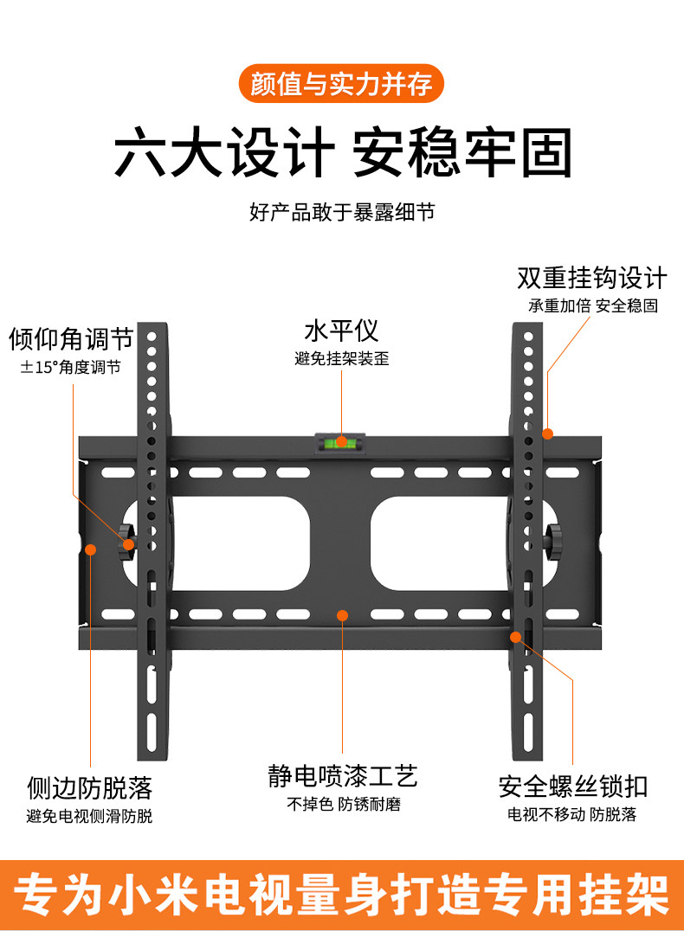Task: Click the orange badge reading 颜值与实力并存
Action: coord(341,85)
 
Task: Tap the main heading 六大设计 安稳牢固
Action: coord(342,154)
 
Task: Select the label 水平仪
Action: coord(341,331)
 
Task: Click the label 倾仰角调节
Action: coord(71,338)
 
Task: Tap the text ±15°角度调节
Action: coord(71,367)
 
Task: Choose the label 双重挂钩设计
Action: coord(592,278)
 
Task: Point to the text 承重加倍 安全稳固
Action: coord(593,305)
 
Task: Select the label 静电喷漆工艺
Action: coord(343,775)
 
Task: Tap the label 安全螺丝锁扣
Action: coord(572,787)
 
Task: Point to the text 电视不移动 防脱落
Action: coord(572,814)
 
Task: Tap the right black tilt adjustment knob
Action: coord(554,537)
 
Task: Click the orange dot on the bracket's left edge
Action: coord(89,547)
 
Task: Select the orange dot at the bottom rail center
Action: coord(342,615)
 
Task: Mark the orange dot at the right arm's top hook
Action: coord(547,433)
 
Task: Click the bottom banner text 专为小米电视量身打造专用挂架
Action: coord(342,894)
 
